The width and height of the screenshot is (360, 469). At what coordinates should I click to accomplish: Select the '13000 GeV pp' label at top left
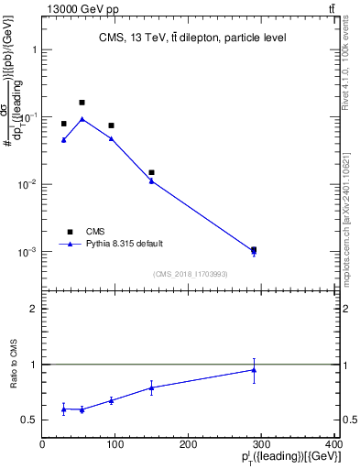48,8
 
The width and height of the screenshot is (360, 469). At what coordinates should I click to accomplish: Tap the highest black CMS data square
82,103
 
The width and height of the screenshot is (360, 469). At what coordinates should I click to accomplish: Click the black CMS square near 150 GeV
152,172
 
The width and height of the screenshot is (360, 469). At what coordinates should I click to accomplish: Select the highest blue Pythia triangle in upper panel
82,119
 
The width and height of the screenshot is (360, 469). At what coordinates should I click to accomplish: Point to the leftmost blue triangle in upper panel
64,140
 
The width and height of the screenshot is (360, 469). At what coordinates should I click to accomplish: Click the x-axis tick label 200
189,444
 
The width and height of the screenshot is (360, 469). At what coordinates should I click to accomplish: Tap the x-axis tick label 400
333,444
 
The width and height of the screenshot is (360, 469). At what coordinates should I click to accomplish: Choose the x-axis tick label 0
42,444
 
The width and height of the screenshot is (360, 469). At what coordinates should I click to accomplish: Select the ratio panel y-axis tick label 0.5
29,420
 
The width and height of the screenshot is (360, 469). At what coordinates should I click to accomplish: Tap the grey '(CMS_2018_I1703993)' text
190,274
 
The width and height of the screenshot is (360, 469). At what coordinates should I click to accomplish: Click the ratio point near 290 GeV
254,370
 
